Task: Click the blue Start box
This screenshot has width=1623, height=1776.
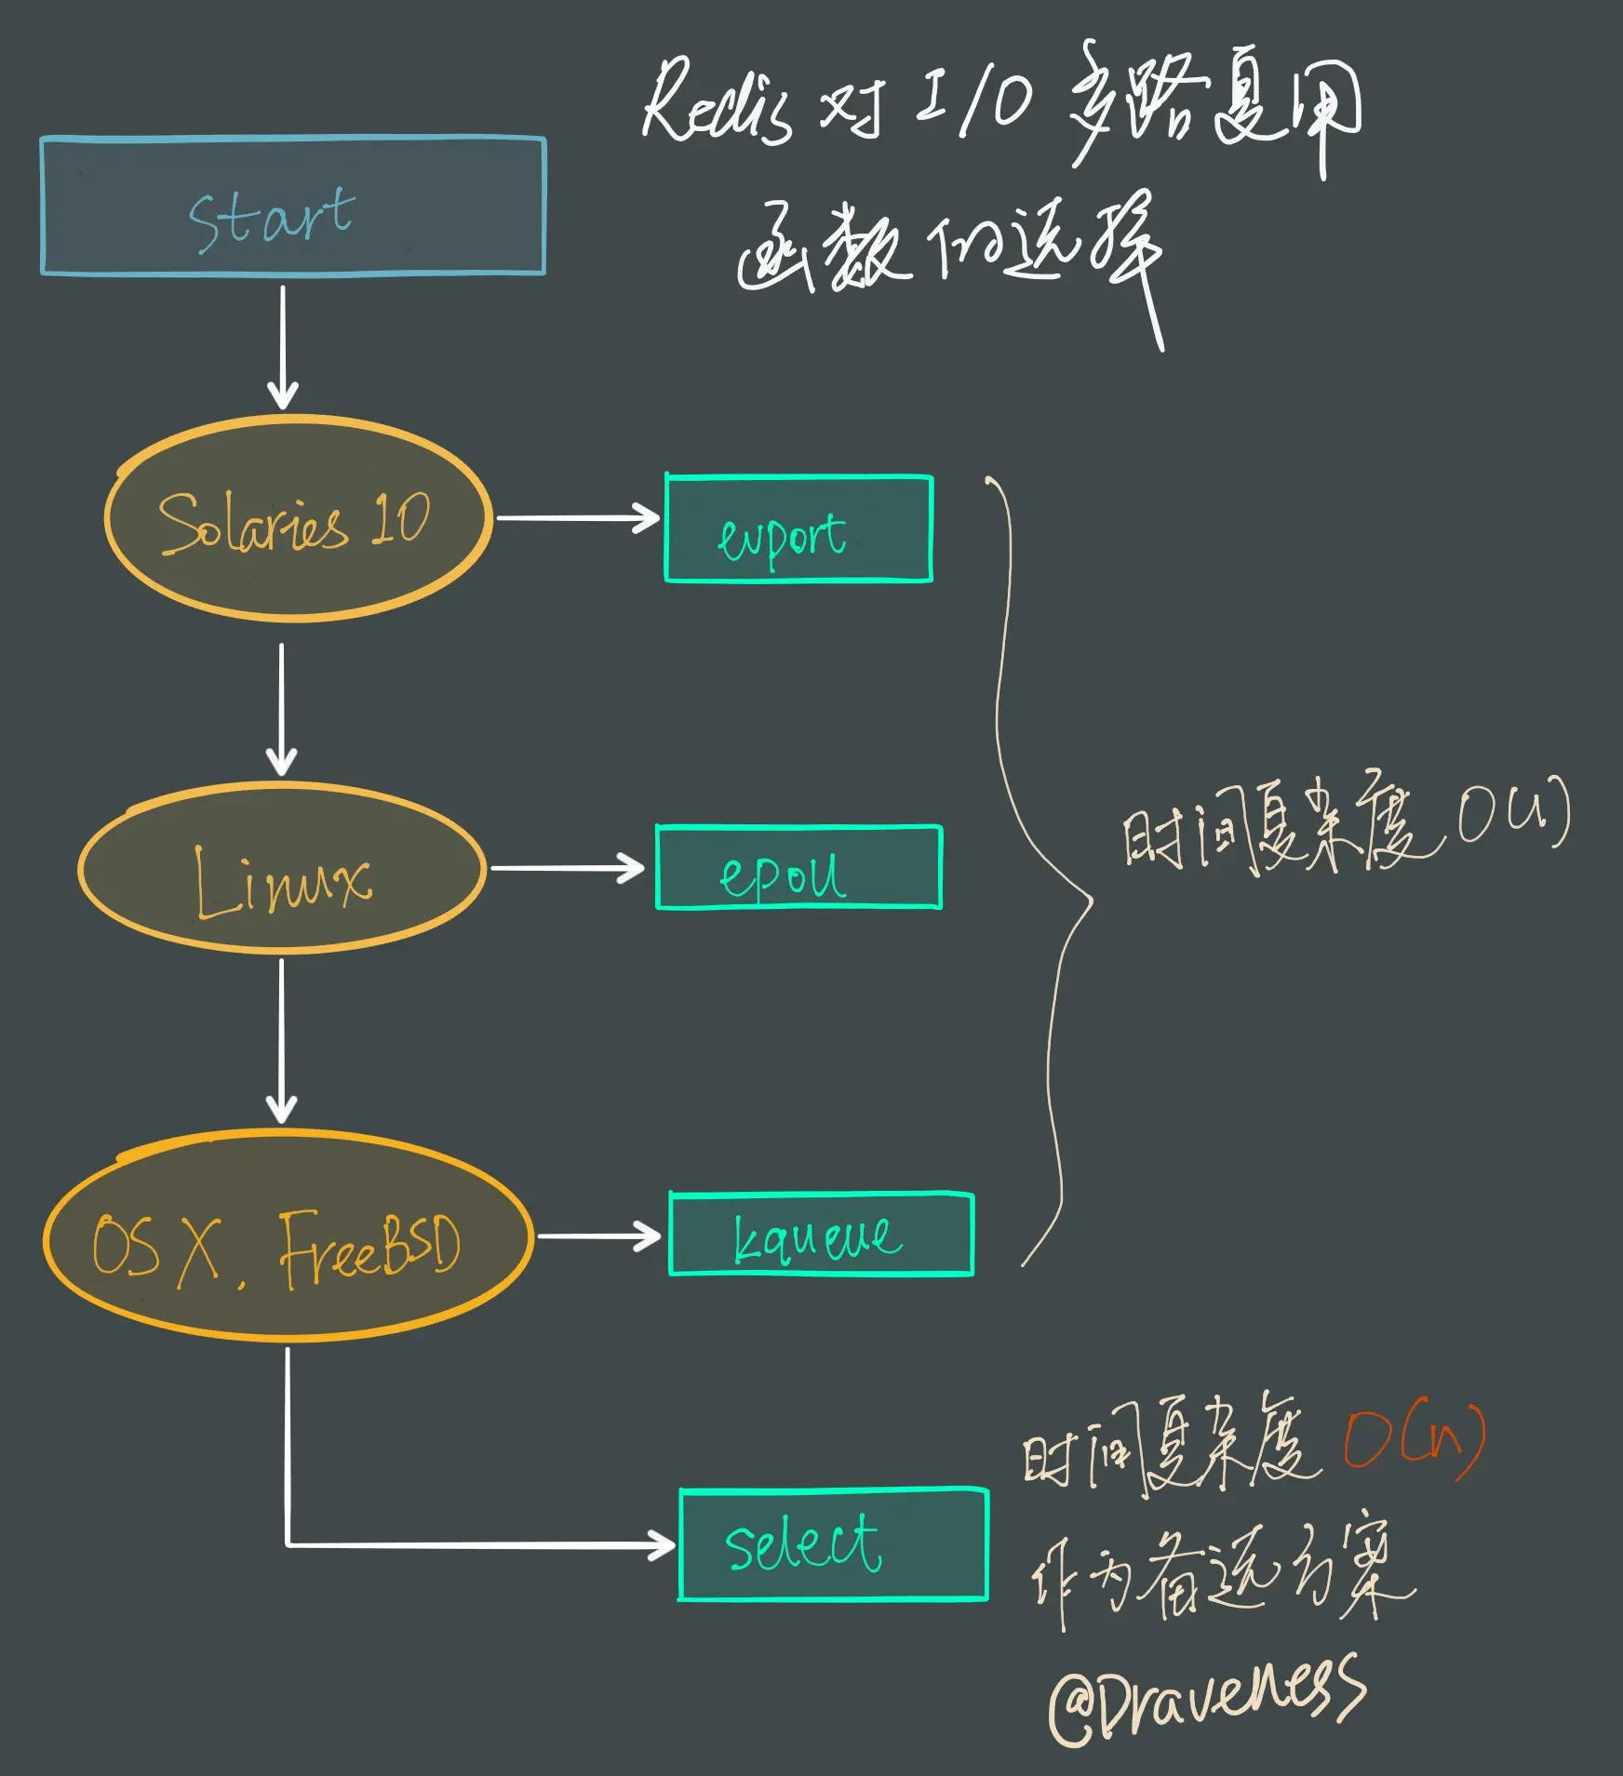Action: (x=293, y=207)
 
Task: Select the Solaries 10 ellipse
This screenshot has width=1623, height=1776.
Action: (x=298, y=518)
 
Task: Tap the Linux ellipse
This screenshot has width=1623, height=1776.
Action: (x=282, y=869)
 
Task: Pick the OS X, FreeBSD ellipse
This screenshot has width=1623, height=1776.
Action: (x=288, y=1236)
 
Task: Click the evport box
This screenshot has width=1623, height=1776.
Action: (x=798, y=529)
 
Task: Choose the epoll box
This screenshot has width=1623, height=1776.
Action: (x=798, y=868)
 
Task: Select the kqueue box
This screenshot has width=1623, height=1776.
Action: (x=821, y=1235)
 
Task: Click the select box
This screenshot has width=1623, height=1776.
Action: (x=833, y=1545)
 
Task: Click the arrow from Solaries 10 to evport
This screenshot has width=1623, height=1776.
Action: (x=577, y=518)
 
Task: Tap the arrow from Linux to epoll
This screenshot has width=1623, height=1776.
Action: (x=567, y=868)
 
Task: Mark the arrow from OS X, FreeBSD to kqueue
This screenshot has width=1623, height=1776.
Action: (x=598, y=1236)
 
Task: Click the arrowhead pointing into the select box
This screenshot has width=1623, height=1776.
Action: (x=662, y=1545)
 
